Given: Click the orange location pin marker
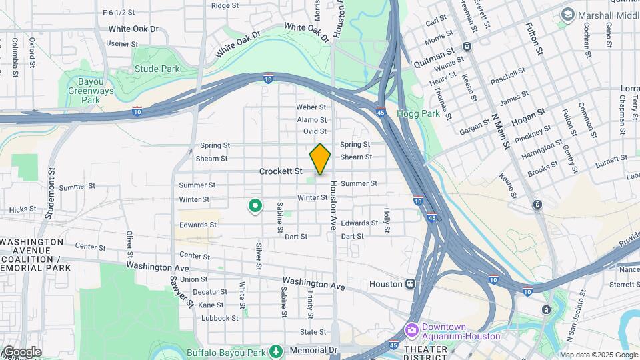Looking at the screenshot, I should pyautogui.click(x=320, y=159).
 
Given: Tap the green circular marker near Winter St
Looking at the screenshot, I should pyautogui.click(x=254, y=206).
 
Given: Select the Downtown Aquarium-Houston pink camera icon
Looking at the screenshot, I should pyautogui.click(x=411, y=330).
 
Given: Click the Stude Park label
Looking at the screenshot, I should pyautogui.click(x=157, y=69).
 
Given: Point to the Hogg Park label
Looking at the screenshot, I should pyautogui.click(x=418, y=113).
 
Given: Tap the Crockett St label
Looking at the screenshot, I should pyautogui.click(x=281, y=171).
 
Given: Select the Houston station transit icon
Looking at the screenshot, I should pyautogui.click(x=414, y=284).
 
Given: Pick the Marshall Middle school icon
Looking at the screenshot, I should pyautogui.click(x=568, y=13).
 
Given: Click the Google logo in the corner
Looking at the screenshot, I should pyautogui.click(x=21, y=351).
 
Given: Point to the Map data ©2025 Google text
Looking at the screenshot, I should pyautogui.click(x=599, y=355).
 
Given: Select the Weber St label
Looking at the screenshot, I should pyautogui.click(x=311, y=107).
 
